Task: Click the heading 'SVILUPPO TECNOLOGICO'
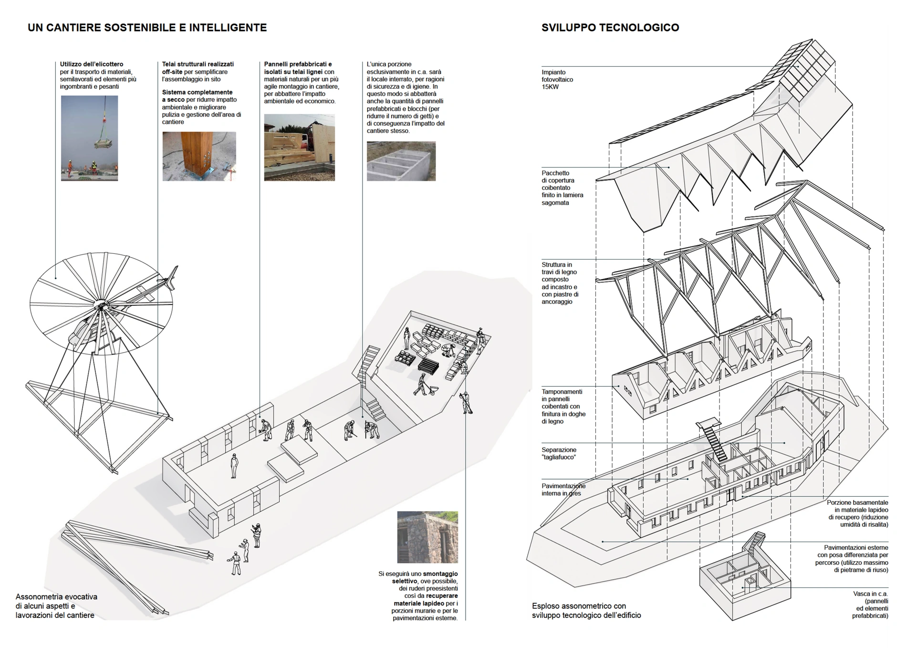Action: (610, 28)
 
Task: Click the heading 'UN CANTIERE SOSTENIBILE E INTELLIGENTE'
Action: (147, 28)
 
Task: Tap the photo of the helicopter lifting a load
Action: (89, 138)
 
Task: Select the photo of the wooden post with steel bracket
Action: (199, 156)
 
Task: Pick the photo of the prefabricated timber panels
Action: (299, 147)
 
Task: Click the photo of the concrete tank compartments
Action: (401, 161)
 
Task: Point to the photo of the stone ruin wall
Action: (427, 537)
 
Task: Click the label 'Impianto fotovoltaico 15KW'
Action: (557, 80)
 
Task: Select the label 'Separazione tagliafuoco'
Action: (559, 453)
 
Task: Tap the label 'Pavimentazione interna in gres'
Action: (563, 490)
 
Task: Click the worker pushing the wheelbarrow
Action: (422, 385)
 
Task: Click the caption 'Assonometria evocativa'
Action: (56, 596)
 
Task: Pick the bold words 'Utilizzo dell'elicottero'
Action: (92, 64)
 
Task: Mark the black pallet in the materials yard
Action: (428, 366)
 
